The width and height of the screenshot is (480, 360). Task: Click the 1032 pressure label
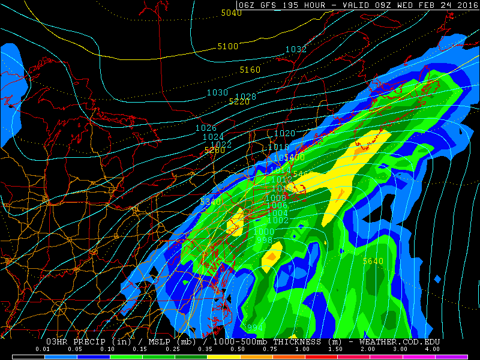(x=296, y=49)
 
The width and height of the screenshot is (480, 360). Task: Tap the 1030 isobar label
(x=218, y=92)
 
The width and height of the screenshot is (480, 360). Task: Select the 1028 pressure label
(x=245, y=97)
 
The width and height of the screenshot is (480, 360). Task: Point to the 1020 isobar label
(x=285, y=133)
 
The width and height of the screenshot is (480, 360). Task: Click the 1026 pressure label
(x=206, y=128)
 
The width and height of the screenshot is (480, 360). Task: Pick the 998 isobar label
(x=264, y=240)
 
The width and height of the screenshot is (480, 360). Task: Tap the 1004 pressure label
(x=277, y=213)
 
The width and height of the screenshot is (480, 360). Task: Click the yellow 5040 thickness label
(x=231, y=13)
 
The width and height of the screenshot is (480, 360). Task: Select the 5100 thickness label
(x=228, y=46)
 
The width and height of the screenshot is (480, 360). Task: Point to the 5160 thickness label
(x=250, y=70)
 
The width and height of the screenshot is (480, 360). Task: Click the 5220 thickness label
(x=239, y=102)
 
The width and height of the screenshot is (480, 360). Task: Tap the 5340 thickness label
(x=211, y=202)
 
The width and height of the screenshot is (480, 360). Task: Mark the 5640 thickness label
(x=373, y=261)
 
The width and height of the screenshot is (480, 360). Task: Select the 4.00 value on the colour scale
(x=431, y=349)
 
